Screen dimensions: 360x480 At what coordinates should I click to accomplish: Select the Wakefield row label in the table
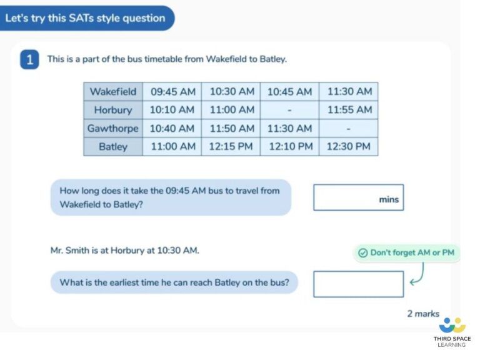[x=113, y=91]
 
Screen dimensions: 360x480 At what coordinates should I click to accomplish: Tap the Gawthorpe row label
[x=113, y=128]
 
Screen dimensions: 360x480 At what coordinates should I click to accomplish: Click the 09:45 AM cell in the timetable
[x=172, y=91]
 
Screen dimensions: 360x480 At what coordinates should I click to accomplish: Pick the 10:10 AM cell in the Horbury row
[x=172, y=110]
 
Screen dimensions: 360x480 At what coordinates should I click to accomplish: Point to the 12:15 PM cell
[x=232, y=147]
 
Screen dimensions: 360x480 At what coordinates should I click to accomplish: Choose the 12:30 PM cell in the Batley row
[x=348, y=147]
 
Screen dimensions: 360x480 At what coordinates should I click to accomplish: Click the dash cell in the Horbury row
[x=289, y=110]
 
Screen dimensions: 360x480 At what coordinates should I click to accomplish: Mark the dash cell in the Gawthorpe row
[x=348, y=128]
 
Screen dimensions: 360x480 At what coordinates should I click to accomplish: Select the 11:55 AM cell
[x=348, y=110]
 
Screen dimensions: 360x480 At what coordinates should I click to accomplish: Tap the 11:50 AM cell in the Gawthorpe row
[x=232, y=128]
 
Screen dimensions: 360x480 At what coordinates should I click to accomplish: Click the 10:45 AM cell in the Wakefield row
[x=289, y=91]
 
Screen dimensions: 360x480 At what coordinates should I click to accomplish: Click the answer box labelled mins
[x=358, y=197]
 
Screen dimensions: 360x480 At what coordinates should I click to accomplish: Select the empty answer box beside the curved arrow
[x=358, y=284]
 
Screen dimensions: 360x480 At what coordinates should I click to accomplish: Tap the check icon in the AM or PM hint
[x=362, y=253]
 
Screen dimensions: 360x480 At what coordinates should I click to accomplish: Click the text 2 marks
[x=423, y=314]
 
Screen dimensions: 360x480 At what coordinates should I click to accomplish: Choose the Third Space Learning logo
[x=452, y=331]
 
